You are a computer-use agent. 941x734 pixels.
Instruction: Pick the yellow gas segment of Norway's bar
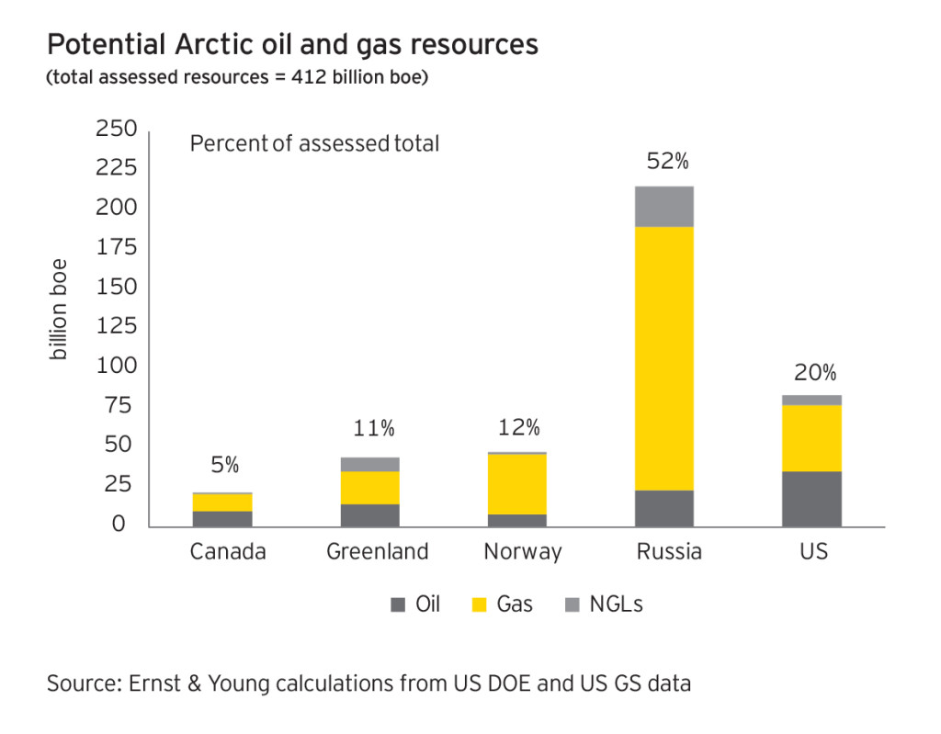[x=516, y=484]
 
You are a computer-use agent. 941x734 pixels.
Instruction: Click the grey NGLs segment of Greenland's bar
[x=370, y=464]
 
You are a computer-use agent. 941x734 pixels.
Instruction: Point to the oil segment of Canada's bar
[x=222, y=519]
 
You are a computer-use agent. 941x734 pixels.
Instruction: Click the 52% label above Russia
[x=667, y=162]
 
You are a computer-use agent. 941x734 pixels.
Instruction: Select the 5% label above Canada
[x=224, y=466]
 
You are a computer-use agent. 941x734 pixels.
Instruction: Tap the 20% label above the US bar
[x=815, y=373]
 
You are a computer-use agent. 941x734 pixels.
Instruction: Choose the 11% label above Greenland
[x=374, y=428]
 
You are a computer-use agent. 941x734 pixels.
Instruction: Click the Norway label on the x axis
[x=522, y=552]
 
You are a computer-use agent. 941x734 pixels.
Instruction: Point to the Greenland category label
[x=378, y=552]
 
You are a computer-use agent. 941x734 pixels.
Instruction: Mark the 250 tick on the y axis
[x=116, y=130]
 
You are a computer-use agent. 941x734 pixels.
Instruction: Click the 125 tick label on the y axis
[x=116, y=326]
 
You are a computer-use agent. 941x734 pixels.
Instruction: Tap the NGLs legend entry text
[x=616, y=604]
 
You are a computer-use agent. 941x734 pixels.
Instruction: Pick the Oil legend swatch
[x=398, y=604]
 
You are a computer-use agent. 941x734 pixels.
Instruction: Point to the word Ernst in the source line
[x=157, y=683]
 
